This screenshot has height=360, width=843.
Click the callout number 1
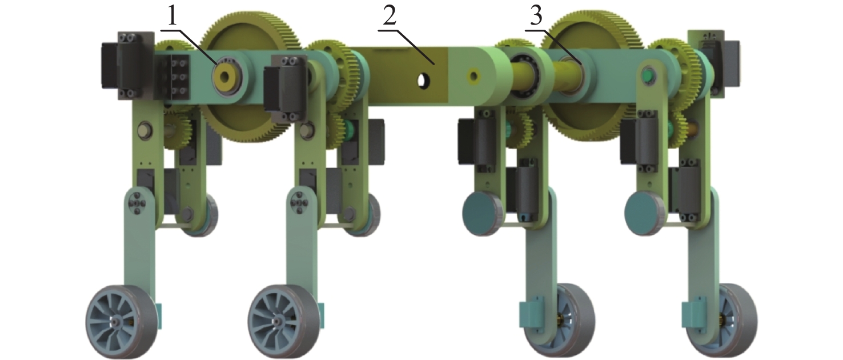tap(172, 16)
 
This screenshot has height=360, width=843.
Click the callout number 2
tap(390, 16)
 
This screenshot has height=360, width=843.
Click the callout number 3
tap(536, 16)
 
